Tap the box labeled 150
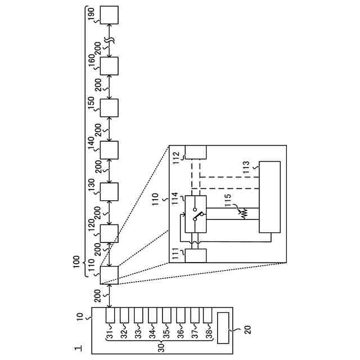[x=109, y=107]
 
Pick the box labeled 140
[x=109, y=149]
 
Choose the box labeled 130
[x=109, y=191]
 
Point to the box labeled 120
[x=109, y=233]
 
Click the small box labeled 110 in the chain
[x=109, y=275]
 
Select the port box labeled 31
[x=111, y=314]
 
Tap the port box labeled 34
[x=153, y=314]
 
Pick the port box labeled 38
[x=208, y=314]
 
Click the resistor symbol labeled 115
[x=244, y=214]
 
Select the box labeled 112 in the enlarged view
[x=196, y=152]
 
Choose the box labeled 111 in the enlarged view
[x=196, y=255]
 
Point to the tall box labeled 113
[x=269, y=197]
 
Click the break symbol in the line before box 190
[x=109, y=42]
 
